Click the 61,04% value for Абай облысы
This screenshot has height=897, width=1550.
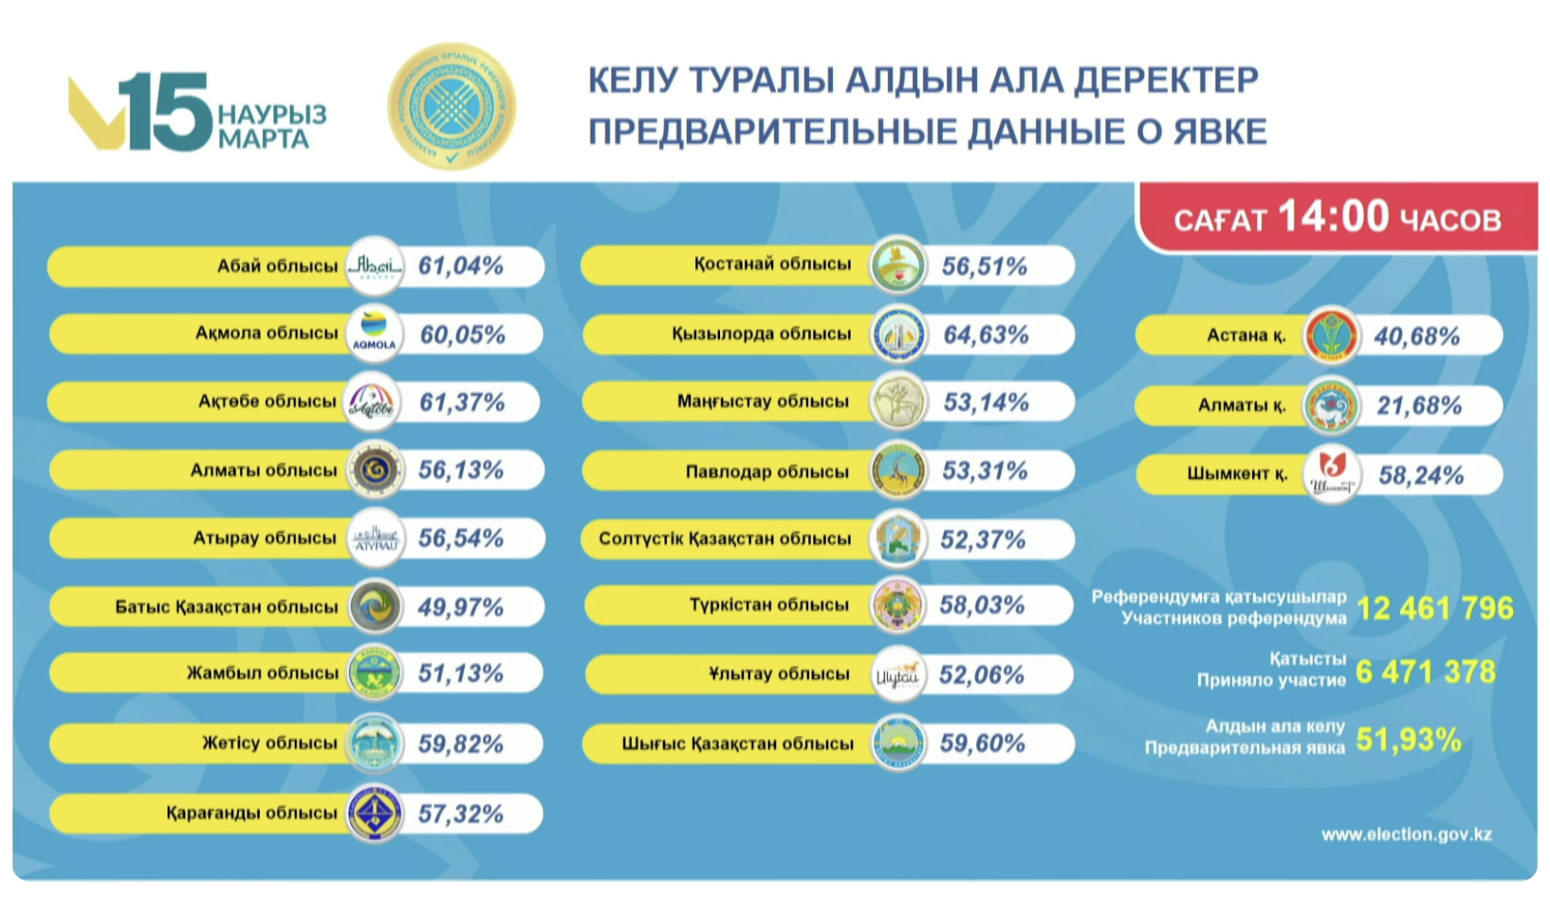click(x=460, y=266)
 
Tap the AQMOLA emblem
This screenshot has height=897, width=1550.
click(x=374, y=333)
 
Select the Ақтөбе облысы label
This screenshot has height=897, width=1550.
click(x=267, y=401)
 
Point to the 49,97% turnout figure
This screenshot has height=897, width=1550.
click(x=460, y=607)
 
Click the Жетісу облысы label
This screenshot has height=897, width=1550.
click(x=270, y=743)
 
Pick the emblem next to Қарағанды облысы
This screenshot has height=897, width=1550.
click(x=375, y=813)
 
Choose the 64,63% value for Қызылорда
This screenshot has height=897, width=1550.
click(x=986, y=334)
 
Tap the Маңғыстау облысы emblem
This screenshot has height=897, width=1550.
click(x=898, y=402)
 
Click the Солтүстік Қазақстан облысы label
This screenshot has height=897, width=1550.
click(x=724, y=539)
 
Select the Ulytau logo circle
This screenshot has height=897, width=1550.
click(x=898, y=674)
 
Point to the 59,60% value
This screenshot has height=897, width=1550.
click(x=982, y=743)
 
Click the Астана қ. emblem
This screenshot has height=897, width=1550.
click(x=1330, y=335)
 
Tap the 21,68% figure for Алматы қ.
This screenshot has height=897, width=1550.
click(x=1419, y=405)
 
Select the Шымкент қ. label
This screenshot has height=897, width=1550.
click(x=1237, y=474)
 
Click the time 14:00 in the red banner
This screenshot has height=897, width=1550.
click(x=1333, y=216)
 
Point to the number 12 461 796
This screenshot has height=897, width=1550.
click(x=1435, y=608)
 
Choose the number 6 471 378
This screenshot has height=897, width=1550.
click(x=1426, y=672)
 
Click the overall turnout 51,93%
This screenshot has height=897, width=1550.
click(x=1409, y=740)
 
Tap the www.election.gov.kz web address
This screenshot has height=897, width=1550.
click(x=1406, y=834)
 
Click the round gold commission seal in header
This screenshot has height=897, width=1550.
click(x=451, y=106)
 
